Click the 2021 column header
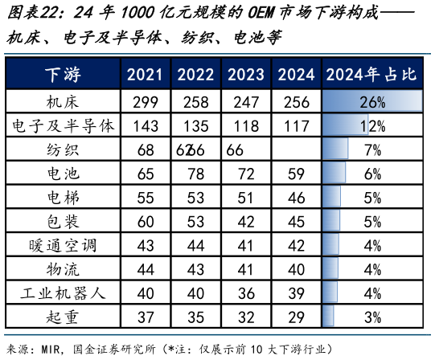pos(145,76)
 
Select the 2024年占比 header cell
pos(372,76)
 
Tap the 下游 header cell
pos(64,76)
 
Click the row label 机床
pos(64,102)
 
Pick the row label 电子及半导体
pos(64,126)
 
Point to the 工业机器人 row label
pos(64,292)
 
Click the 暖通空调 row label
pos(64,244)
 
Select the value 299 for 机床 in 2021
pos(145,102)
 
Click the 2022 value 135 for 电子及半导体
pos(195,126)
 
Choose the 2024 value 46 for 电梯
pos(296,198)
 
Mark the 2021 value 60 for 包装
pos(145,221)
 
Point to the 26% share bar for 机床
pos(372,102)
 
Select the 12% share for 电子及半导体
pos(372,126)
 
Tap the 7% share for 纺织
pos(372,150)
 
